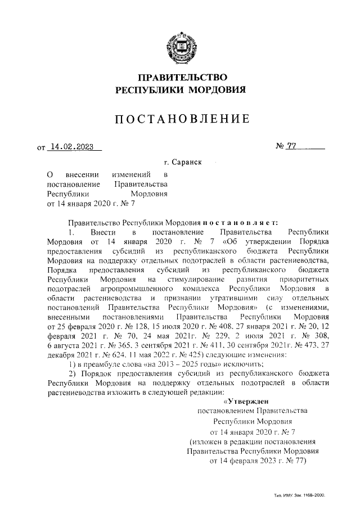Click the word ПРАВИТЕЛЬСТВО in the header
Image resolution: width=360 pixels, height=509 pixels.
click(180, 77)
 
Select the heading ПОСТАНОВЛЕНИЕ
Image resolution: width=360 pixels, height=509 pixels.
click(180, 119)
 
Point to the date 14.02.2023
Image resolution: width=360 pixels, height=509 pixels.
click(72, 148)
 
